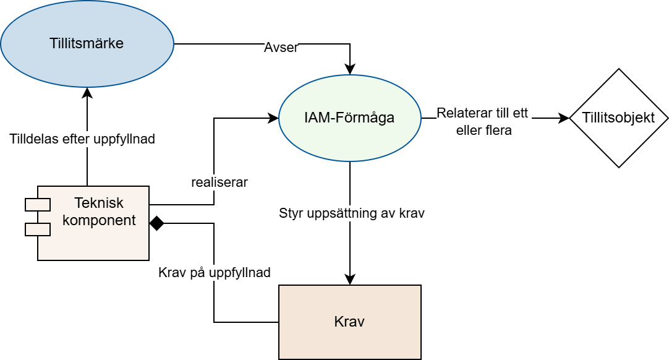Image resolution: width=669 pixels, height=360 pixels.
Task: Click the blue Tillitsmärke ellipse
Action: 87,43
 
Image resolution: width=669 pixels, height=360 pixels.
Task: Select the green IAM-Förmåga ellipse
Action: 350,118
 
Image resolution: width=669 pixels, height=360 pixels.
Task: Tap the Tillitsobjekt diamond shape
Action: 619,118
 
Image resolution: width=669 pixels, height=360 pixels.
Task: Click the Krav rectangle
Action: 350,322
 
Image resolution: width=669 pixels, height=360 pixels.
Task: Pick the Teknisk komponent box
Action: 93,223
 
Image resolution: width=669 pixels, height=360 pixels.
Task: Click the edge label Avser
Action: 281,48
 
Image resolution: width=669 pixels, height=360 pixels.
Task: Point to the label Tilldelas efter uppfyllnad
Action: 82,139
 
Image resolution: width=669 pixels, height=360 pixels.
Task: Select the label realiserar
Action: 219,182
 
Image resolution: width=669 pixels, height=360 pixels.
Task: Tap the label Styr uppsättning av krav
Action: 352,213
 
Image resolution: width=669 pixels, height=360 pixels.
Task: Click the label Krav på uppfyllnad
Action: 214,272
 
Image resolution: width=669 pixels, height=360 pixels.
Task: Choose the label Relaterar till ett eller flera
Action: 483,122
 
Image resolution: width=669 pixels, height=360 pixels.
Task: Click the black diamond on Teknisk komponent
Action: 157,223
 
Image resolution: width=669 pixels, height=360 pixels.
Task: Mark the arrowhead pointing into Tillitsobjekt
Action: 564,118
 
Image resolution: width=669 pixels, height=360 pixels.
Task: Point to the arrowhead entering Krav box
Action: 350,280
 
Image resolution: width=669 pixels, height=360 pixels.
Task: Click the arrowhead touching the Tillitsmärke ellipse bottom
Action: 87,93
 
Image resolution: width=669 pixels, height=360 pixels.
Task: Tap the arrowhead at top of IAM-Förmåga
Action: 350,69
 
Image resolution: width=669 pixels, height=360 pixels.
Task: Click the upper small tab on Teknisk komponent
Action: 38,205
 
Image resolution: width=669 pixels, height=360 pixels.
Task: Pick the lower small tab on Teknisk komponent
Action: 38,229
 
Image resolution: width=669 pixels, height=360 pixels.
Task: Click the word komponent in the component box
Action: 99,220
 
